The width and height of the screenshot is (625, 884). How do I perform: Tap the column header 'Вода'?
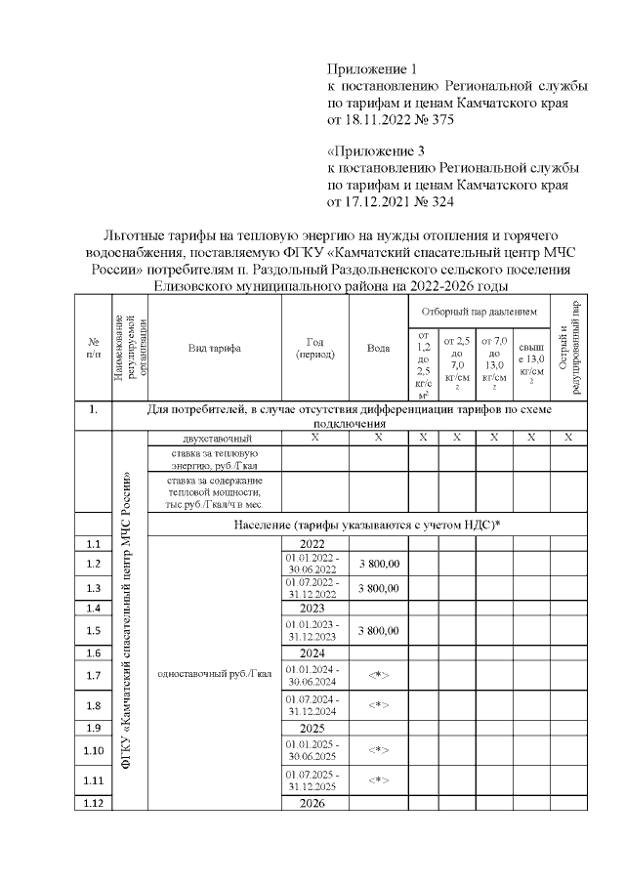(377, 349)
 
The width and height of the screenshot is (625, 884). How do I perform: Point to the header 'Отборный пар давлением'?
(478, 312)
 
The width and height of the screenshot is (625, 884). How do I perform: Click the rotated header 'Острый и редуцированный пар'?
(569, 348)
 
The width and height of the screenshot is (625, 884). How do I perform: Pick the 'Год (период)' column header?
(314, 348)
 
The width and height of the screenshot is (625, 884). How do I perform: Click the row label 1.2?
(94, 564)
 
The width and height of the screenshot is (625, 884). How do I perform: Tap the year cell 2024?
(314, 653)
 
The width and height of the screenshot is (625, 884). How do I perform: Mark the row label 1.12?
(94, 804)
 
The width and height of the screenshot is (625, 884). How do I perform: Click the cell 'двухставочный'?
(213, 438)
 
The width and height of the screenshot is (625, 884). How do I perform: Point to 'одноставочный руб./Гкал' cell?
(213, 674)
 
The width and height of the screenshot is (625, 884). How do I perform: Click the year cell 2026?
(314, 804)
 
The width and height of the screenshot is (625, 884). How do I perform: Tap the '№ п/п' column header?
(94, 348)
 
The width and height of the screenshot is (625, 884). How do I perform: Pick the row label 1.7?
(94, 675)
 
